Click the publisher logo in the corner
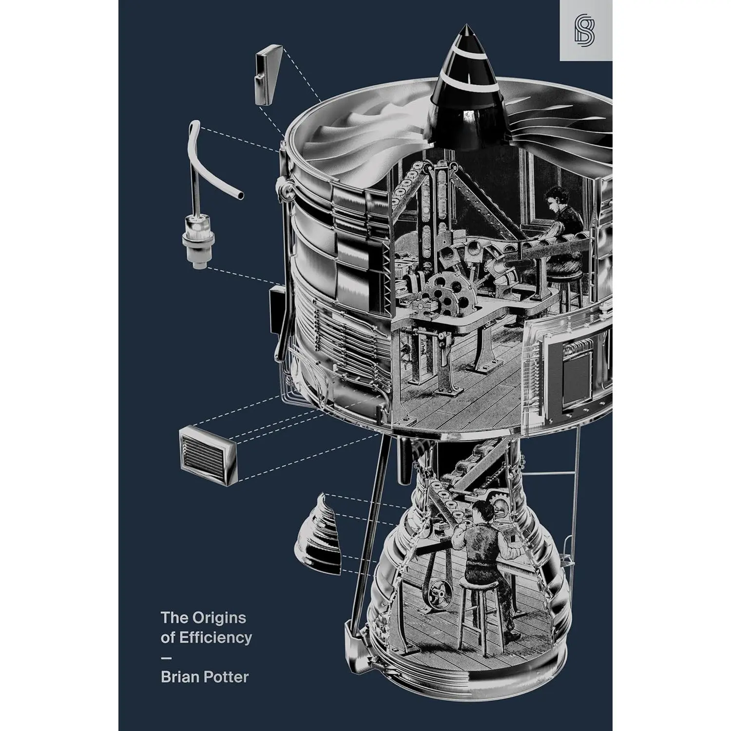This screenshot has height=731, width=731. pyautogui.click(x=586, y=30)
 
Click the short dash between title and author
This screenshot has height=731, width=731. pyautogui.click(x=166, y=658)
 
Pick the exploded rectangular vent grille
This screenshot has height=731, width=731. pyautogui.click(x=209, y=456)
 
